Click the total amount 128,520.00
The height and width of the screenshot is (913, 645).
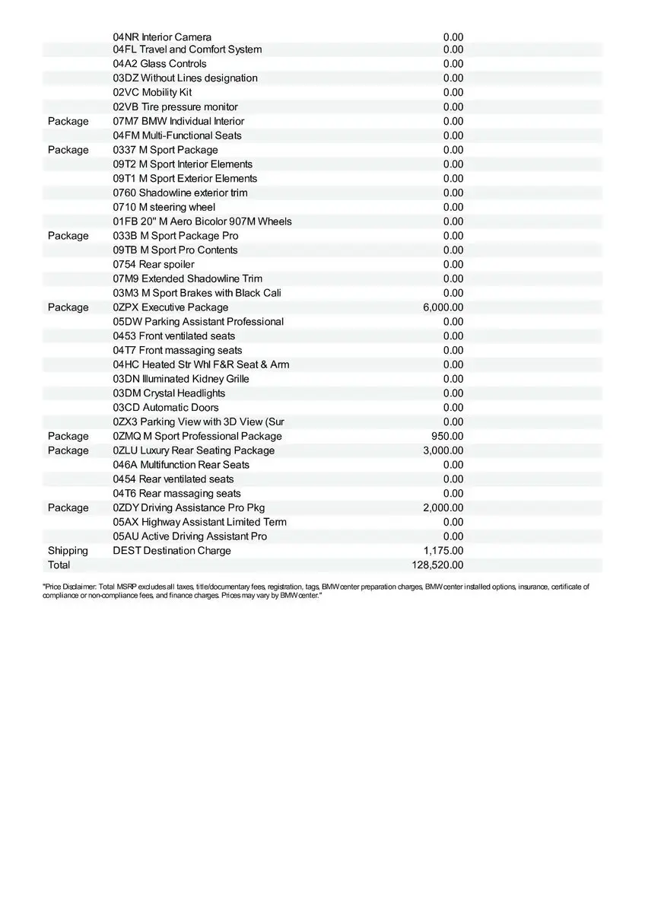tap(437, 565)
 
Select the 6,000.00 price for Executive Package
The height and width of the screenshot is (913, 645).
tap(443, 307)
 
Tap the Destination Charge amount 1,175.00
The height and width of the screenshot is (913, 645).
tap(443, 551)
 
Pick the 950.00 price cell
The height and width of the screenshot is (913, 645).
tap(447, 436)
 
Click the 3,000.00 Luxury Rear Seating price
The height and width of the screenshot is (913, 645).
tap(443, 450)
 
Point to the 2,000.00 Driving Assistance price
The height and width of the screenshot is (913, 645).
tap(443, 507)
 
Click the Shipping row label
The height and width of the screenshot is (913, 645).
tap(68, 551)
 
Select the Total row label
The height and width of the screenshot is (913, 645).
tap(59, 565)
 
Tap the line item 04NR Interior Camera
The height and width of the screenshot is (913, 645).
tap(162, 37)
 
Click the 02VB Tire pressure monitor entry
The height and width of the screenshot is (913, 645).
tap(175, 107)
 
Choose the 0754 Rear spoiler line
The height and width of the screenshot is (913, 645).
tap(154, 265)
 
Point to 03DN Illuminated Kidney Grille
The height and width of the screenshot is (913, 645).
tap(181, 379)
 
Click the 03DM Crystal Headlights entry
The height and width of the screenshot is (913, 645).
tap(169, 393)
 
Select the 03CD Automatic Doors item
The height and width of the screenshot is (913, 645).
tap(166, 408)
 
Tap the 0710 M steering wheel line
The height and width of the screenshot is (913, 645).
tap(164, 207)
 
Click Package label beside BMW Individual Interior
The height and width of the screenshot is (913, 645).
tap(68, 122)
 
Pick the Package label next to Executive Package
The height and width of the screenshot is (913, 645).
tap(68, 307)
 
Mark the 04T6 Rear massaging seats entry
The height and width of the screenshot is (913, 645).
tap(176, 494)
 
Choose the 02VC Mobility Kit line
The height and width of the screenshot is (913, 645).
tap(152, 93)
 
